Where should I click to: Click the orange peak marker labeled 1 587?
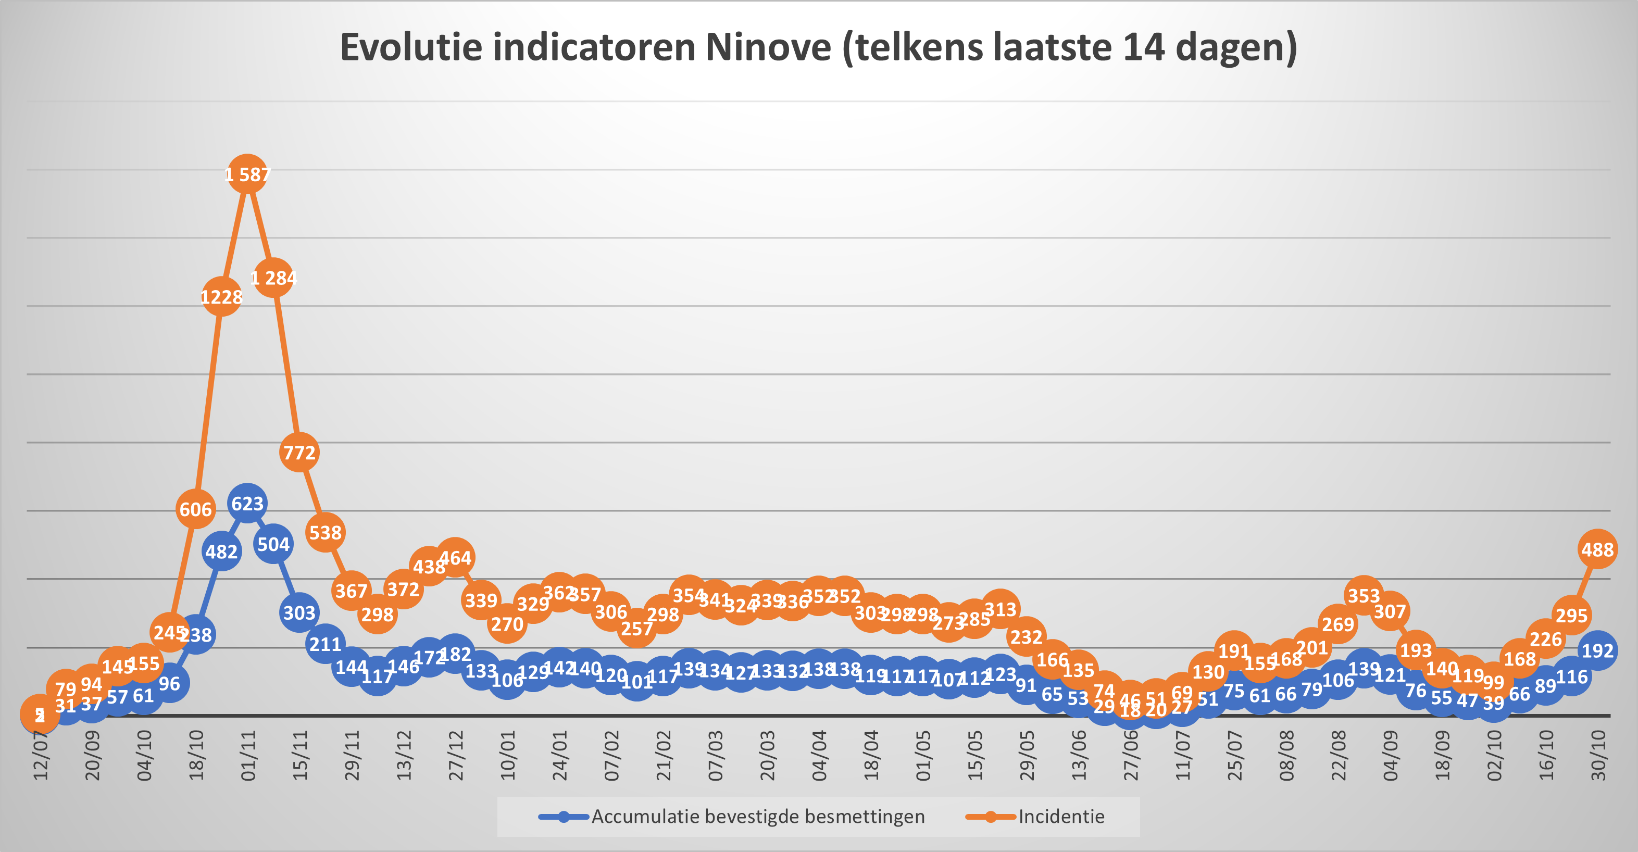[x=247, y=173]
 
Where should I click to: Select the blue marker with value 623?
[x=247, y=504]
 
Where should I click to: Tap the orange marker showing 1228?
[x=221, y=296]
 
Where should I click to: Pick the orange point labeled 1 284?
[x=273, y=278]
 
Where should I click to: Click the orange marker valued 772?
[x=299, y=452]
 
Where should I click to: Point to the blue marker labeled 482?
[x=221, y=552]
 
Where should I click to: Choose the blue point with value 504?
[x=273, y=544]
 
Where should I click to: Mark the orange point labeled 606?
[x=195, y=509]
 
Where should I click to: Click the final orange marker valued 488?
[x=1597, y=549]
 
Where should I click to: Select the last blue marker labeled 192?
[x=1597, y=650]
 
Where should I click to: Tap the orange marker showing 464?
[x=455, y=558]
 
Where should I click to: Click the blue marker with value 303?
[x=299, y=612]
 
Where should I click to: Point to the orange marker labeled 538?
[x=326, y=532]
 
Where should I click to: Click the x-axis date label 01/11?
[x=248, y=755]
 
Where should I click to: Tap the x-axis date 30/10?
[x=1598, y=755]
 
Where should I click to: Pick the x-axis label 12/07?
[x=40, y=755]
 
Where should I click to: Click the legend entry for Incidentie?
[x=1060, y=817]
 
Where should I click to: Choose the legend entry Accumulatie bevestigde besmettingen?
[x=758, y=817]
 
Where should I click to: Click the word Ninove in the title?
[x=768, y=47]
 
